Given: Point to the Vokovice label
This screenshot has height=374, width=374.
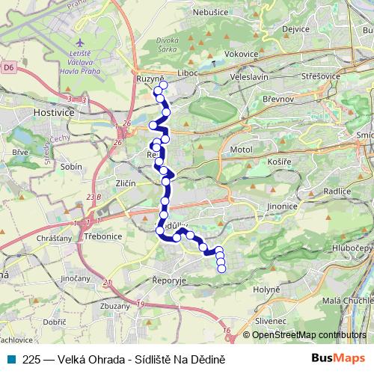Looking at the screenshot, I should (241, 55).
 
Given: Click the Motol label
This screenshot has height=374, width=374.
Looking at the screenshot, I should (242, 150).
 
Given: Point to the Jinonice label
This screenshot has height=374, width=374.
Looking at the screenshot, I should (283, 206).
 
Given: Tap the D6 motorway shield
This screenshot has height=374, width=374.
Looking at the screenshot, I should (7, 67).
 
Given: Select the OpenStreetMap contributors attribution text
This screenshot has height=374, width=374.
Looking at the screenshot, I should (308, 335).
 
